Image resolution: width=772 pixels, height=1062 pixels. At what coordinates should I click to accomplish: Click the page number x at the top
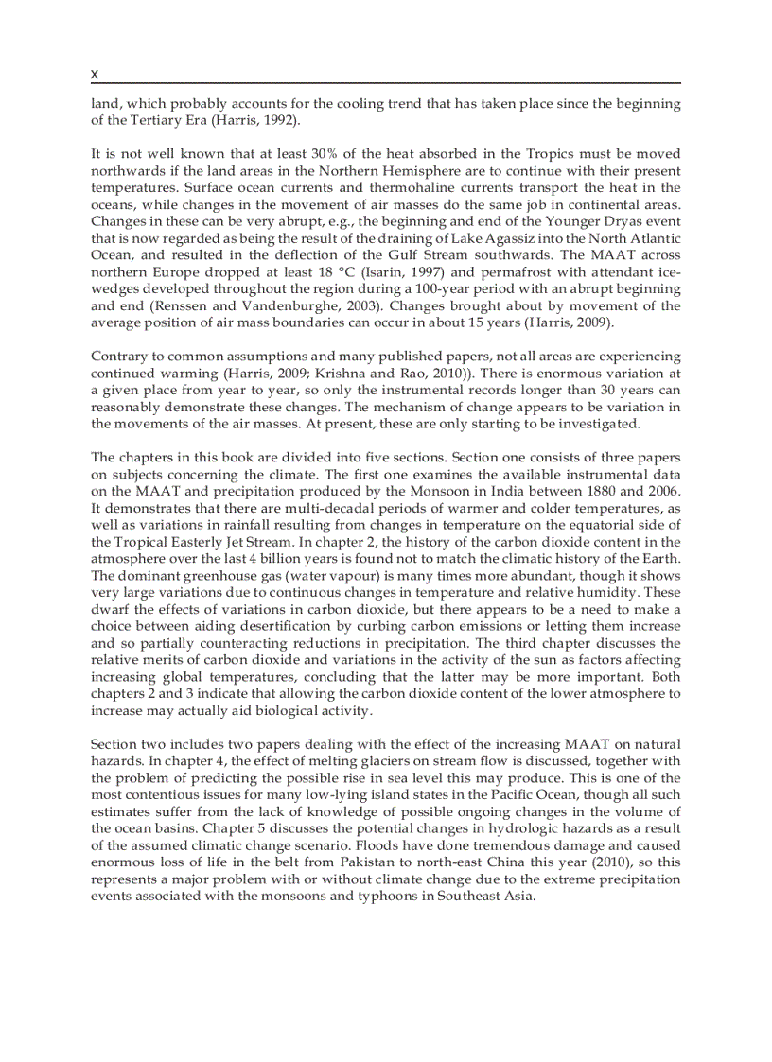[x=95, y=74]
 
